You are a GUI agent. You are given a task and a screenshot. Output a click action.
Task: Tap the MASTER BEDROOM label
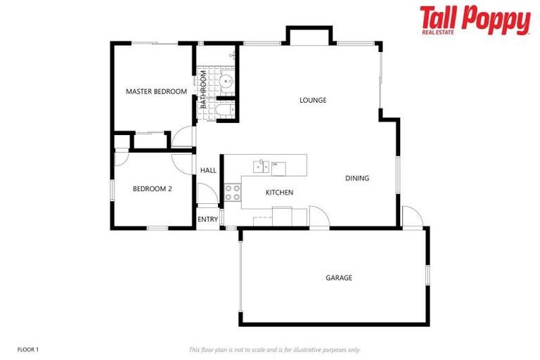156,91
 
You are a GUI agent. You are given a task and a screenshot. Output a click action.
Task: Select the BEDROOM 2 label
153,188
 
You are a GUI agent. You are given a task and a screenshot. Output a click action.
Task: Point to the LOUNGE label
313,100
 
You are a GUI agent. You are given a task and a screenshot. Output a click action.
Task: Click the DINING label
357,178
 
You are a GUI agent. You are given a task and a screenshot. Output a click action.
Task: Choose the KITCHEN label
279,192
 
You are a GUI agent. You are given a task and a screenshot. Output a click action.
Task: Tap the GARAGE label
339,278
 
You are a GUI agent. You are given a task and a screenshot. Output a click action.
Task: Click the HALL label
209,170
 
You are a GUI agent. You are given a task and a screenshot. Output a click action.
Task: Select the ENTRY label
207,219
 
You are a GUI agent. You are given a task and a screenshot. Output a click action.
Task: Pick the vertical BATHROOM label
203,89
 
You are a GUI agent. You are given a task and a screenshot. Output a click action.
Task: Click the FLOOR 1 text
28,349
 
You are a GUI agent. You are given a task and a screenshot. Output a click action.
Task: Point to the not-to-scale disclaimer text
274,349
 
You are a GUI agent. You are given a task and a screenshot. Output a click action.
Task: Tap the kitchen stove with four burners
233,193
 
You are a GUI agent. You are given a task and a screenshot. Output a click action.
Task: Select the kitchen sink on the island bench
262,166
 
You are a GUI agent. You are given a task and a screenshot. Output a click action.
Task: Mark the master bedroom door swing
184,136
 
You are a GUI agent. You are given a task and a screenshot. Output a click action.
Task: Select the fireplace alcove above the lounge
309,36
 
